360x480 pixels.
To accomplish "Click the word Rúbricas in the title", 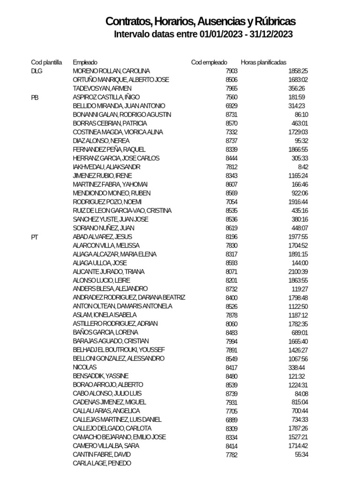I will click(276, 22).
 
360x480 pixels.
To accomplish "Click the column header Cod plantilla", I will click(46, 62).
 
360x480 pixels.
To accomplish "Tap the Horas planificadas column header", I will click(263, 62).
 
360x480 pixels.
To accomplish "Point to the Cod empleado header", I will click(209, 62).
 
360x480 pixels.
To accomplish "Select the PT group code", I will click(34, 237).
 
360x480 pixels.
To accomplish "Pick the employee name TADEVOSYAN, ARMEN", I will click(102, 88).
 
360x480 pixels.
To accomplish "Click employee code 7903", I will click(232, 71).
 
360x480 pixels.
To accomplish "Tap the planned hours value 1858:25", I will click(298, 71).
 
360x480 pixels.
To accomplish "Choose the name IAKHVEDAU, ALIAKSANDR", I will click(106, 167).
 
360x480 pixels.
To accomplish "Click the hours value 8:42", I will click(303, 167).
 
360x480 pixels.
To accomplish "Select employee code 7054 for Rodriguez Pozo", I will click(232, 202).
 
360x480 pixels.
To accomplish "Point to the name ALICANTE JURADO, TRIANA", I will click(109, 272).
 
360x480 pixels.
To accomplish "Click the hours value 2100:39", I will click(298, 272).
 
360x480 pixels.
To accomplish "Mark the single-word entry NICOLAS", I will click(85, 367).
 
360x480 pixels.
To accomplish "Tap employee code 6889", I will click(232, 420).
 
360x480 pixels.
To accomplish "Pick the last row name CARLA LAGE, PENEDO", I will click(102, 463).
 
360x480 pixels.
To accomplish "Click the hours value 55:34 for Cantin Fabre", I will click(300, 455).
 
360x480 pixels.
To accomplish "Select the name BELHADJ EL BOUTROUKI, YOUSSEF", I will click(119, 350).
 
